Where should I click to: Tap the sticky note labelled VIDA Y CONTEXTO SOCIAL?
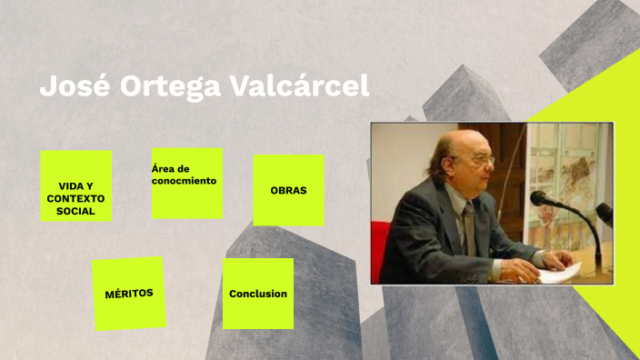76,186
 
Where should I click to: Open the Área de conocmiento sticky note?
187,183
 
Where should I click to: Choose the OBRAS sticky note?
288,190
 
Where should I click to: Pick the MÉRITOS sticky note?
129,293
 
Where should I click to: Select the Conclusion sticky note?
258,294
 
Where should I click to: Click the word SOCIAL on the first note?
75,211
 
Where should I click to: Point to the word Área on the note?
163,168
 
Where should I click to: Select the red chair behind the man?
380,250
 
